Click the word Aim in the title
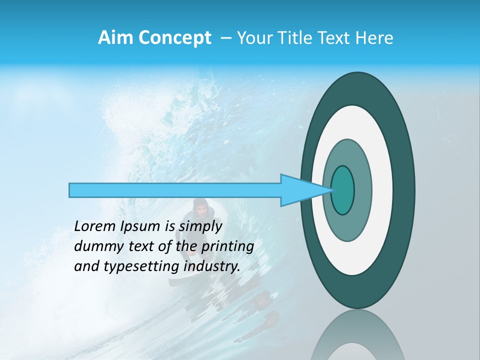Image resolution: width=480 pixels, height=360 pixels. click(115, 38)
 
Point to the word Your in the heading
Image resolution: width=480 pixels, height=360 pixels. click(254, 38)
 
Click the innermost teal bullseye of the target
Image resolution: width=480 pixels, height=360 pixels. click(343, 190)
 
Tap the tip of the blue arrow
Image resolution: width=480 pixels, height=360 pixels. click(331, 190)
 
